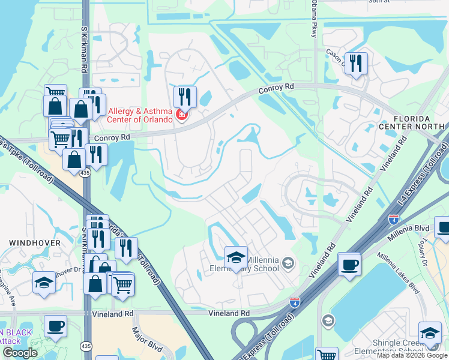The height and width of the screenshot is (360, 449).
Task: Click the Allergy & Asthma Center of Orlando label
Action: coord(139,115)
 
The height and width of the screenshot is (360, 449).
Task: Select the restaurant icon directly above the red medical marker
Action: coord(185,96)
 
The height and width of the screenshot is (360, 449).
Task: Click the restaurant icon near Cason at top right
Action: coord(357,62)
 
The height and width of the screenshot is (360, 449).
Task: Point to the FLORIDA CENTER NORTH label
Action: coord(412,122)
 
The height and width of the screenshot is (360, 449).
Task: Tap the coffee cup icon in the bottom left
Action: coord(56,325)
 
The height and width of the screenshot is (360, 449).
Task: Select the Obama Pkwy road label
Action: coord(314,19)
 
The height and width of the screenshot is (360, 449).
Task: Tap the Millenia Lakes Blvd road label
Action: coord(398,273)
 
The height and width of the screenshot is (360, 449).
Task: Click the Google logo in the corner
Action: coord(20,353)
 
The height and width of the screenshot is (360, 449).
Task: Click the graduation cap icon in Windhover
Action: coord(44,282)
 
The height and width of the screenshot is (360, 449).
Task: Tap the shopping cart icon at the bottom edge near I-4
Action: coord(326,355)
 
